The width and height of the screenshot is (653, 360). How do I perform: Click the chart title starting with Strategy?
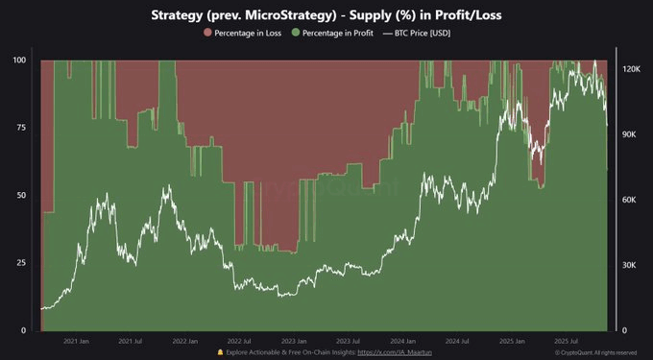pos(326,16)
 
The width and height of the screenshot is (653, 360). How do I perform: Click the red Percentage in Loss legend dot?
pos(207,34)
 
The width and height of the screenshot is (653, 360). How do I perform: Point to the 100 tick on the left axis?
pos(18,60)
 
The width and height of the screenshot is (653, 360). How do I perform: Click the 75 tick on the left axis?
pos(21,128)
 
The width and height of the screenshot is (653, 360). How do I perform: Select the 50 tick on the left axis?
pos(21,195)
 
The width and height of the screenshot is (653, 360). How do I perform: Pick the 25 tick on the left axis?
pos(21,262)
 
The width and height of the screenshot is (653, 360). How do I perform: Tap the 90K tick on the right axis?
pos(628,135)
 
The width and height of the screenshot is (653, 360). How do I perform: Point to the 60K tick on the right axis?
pos(628,200)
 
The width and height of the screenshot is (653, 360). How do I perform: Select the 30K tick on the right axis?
pos(628,265)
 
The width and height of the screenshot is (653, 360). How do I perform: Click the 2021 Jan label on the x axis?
pos(76,341)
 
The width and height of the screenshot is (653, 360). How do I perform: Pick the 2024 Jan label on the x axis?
pos(402,341)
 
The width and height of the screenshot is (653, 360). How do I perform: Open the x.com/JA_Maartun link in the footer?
pos(394,352)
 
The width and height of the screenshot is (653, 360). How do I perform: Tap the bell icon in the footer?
pos(220,352)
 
